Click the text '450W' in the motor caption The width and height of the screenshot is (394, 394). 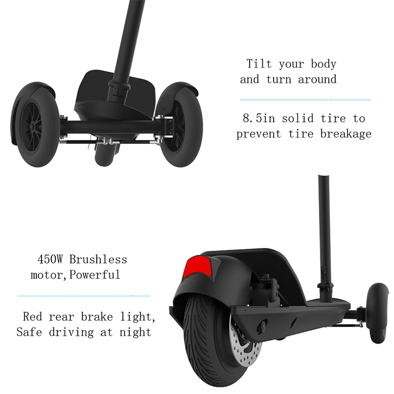click(x=51, y=260)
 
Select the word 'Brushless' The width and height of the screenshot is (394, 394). click(x=98, y=260)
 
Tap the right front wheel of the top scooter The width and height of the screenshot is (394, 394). click(x=179, y=126)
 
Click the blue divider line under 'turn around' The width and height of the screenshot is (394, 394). click(x=305, y=99)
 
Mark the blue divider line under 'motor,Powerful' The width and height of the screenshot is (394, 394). click(x=84, y=296)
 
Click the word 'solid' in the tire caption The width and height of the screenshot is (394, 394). click(x=298, y=118)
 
